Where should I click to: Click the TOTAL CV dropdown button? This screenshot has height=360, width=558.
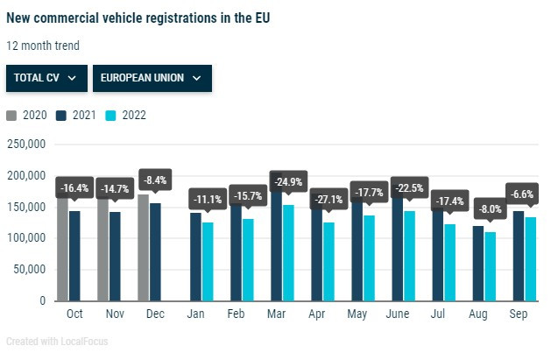(x=46, y=77)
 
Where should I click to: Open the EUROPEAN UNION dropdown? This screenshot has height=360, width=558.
(x=152, y=77)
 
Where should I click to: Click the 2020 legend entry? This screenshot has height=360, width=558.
(x=28, y=115)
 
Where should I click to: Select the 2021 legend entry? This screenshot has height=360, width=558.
(x=76, y=115)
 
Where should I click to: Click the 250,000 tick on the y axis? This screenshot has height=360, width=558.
(x=25, y=145)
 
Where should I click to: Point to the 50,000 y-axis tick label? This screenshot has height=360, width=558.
(x=28, y=270)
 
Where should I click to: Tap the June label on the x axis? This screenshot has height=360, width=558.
(x=408, y=314)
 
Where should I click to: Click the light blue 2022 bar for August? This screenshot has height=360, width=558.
(x=490, y=266)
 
